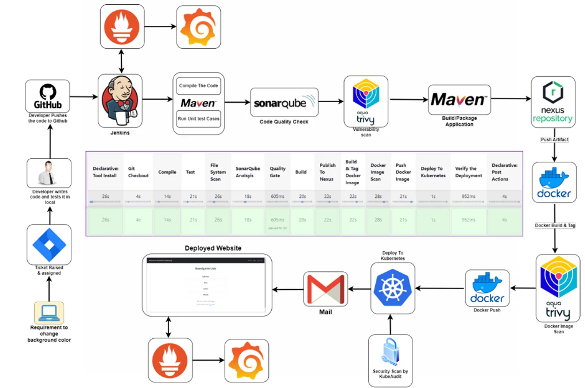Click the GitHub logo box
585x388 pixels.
(47, 96)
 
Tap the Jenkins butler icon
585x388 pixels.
(120, 100)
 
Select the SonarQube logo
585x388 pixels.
(284, 102)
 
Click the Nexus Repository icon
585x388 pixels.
(553, 102)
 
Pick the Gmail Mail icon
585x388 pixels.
(325, 289)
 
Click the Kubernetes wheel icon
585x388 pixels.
(392, 288)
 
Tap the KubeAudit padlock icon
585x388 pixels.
(390, 354)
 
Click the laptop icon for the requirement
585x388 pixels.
(49, 313)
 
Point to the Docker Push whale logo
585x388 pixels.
(487, 289)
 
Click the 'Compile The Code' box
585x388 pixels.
(199, 86)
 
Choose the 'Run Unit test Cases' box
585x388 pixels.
(199, 119)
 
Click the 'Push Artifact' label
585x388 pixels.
(555, 140)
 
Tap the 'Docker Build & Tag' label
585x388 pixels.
(555, 225)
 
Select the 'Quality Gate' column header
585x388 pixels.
(277, 172)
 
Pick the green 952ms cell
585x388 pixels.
(468, 220)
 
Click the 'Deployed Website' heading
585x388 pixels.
(213, 248)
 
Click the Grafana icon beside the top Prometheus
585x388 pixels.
(198, 27)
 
